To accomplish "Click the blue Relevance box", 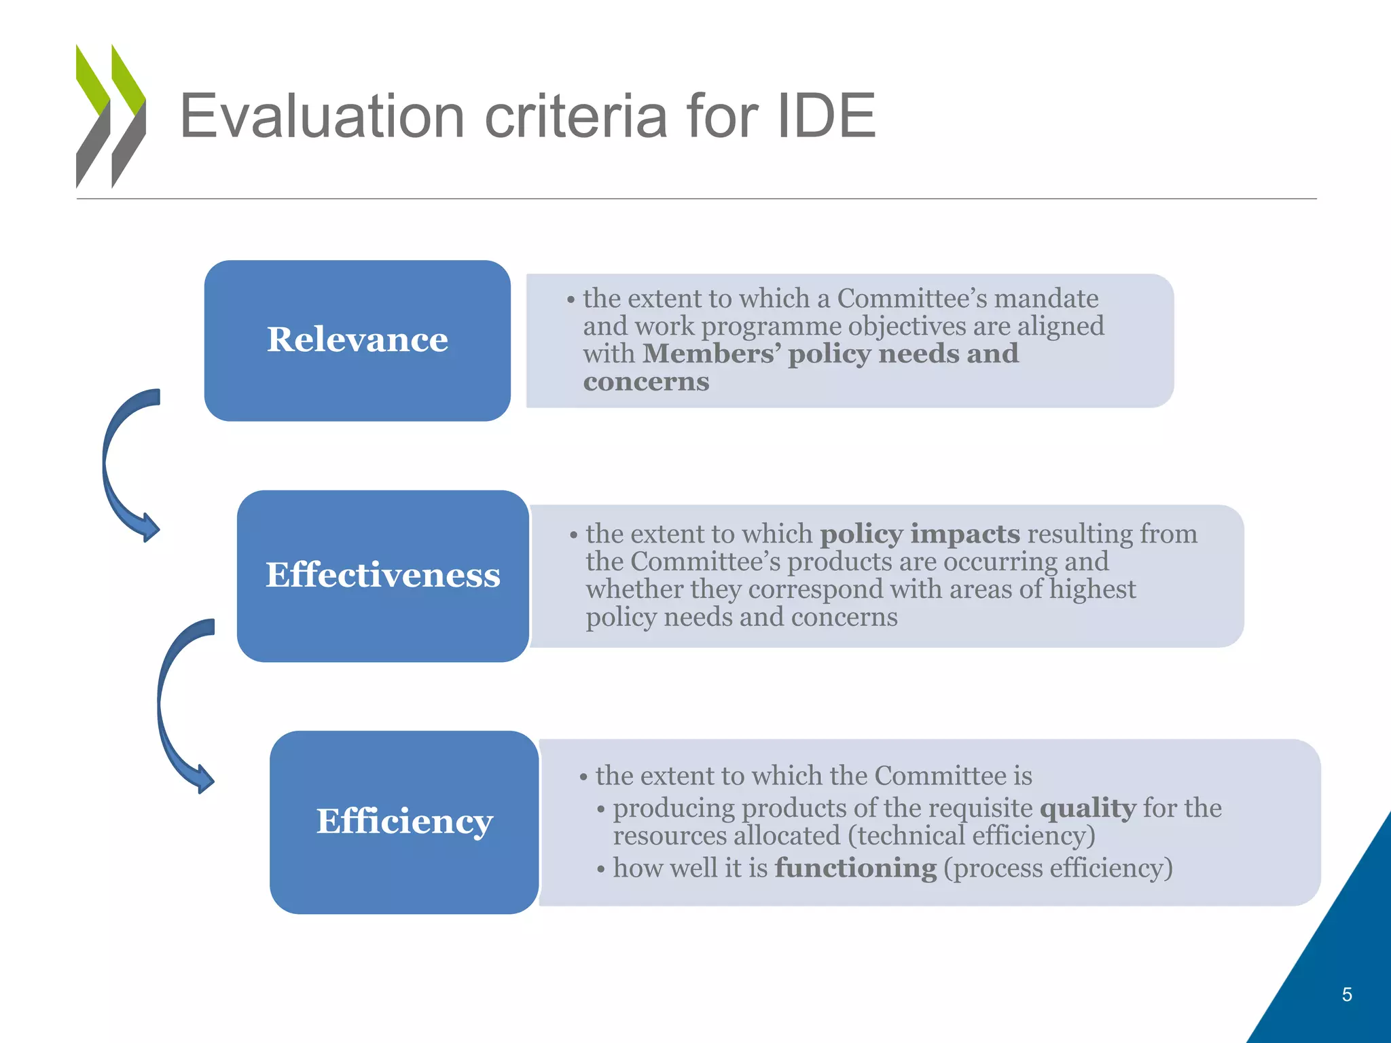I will (x=357, y=340).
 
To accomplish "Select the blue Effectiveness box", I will (x=382, y=576).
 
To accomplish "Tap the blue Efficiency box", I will (x=404, y=822).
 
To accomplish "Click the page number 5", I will (x=1347, y=995).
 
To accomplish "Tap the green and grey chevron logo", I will (x=111, y=116).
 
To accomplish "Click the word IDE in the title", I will (x=825, y=116).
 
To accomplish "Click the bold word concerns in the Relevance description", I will (x=646, y=382).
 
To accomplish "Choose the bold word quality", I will (x=1087, y=808).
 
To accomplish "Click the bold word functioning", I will (x=856, y=868).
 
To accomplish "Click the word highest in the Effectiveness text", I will (x=1092, y=589).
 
